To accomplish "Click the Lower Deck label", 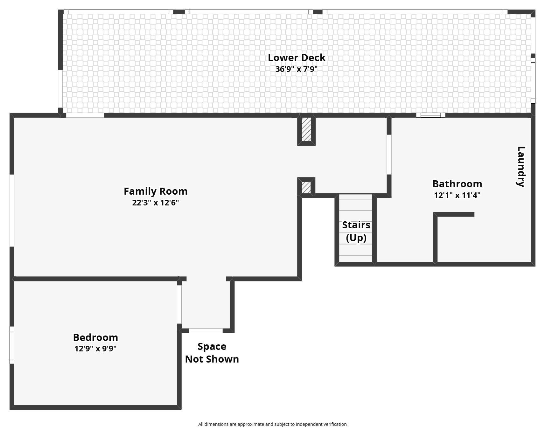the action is [297, 58].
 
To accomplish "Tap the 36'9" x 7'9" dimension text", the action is [297, 69].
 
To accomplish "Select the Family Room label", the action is [156, 191].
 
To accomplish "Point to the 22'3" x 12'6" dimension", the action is [156, 203].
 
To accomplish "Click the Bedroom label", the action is [95, 337].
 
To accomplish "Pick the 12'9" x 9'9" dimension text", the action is [95, 349].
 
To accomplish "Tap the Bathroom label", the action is [457, 184].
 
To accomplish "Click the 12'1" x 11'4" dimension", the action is [457, 195].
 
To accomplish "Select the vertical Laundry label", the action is [521, 167].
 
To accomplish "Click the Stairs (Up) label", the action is [356, 231].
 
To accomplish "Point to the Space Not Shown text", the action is [212, 353].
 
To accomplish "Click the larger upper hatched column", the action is [306, 129].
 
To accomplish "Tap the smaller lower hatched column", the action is [306, 187].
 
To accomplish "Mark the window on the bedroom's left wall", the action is [12, 345].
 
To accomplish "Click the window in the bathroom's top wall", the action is [430, 115].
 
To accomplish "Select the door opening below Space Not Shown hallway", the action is [206, 331].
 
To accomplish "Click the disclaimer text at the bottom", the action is [272, 424].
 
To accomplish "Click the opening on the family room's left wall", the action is [12, 211].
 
